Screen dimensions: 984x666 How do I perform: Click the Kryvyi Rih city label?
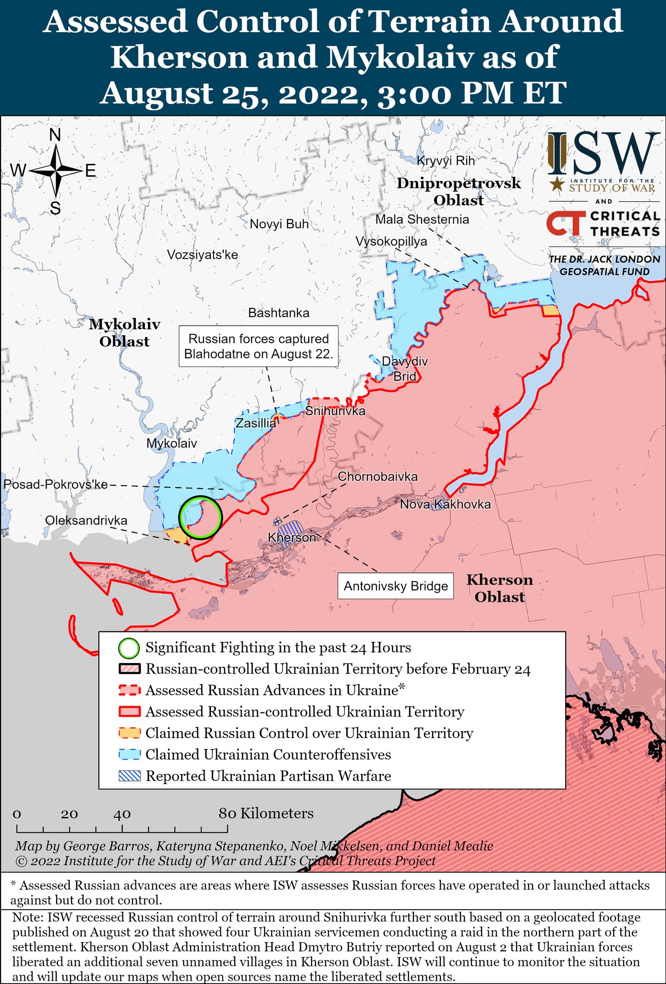click(446, 161)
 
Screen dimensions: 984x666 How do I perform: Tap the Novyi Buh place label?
click(279, 224)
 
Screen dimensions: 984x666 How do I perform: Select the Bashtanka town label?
click(279, 313)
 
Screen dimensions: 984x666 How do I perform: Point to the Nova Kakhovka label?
click(445, 504)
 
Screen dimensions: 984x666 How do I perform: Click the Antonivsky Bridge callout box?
click(396, 586)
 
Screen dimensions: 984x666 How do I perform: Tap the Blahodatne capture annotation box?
click(258, 346)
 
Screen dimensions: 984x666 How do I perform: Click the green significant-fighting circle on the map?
click(200, 517)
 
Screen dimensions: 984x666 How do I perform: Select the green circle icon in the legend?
click(129, 648)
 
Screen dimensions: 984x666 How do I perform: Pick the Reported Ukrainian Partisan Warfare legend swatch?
click(129, 776)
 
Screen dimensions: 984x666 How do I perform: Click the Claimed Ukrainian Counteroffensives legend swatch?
click(129, 754)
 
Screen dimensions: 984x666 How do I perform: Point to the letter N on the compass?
click(55, 135)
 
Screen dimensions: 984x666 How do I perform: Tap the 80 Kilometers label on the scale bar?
click(266, 813)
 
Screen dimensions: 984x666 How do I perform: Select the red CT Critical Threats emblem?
click(565, 224)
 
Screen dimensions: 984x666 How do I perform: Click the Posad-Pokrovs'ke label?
click(55, 484)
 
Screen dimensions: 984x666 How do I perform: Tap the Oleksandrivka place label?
click(86, 520)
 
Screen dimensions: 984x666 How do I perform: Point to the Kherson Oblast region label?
click(500, 589)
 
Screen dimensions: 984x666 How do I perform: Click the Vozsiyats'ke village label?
click(202, 255)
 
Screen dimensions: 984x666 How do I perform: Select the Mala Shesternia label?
click(422, 220)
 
